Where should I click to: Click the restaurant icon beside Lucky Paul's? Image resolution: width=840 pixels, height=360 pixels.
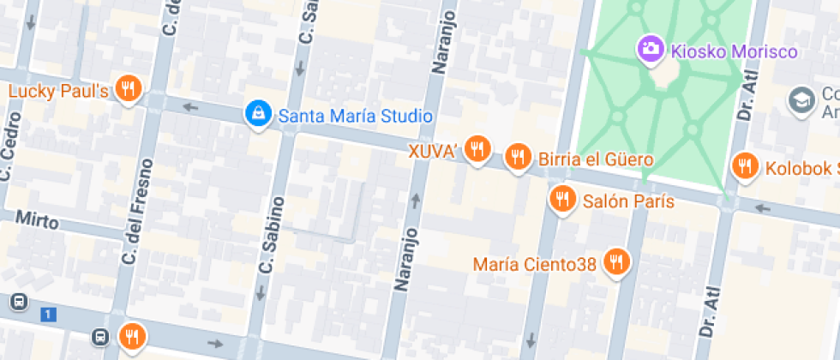pyautogui.click(x=129, y=88)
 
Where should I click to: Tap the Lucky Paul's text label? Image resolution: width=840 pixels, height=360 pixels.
pyautogui.click(x=58, y=91)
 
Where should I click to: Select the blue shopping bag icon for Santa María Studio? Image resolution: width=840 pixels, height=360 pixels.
pyautogui.click(x=256, y=113)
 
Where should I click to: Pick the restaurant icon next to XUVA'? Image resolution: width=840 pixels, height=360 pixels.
pyautogui.click(x=477, y=149)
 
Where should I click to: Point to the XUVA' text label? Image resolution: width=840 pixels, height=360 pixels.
pyautogui.click(x=435, y=152)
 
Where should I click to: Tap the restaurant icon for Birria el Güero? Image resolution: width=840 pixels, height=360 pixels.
pyautogui.click(x=517, y=157)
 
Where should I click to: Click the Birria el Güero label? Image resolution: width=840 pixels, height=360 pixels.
pyautogui.click(x=596, y=159)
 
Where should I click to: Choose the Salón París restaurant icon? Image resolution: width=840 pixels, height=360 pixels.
pyautogui.click(x=561, y=200)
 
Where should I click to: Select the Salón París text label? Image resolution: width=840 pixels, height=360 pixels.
pyautogui.click(x=628, y=202)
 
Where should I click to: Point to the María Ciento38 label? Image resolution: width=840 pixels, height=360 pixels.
pyautogui.click(x=534, y=264)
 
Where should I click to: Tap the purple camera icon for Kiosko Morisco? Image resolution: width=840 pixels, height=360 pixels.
pyautogui.click(x=649, y=48)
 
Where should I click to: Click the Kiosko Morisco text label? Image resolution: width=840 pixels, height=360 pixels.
pyautogui.click(x=734, y=51)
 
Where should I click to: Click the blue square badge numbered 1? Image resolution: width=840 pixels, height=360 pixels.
pyautogui.click(x=48, y=315)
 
